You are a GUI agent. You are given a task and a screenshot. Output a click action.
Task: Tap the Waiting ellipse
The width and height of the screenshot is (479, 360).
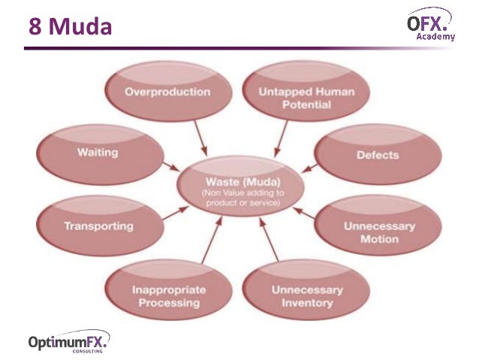[x=98, y=153]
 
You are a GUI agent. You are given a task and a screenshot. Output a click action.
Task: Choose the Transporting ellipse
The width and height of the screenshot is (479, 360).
[x=98, y=225]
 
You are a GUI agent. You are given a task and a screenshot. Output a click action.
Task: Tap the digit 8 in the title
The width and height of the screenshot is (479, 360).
[x=35, y=27]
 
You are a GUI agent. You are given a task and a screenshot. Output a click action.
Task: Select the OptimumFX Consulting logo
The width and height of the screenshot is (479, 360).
[x=68, y=342]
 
